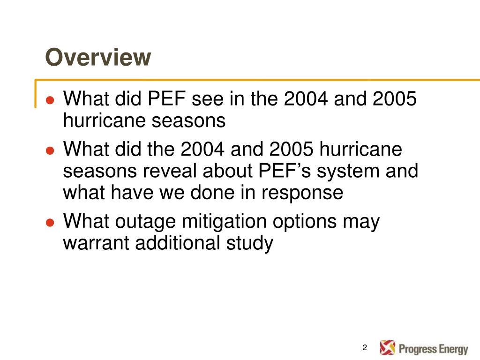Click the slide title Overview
point(98,57)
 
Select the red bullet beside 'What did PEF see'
point(50,100)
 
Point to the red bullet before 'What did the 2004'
point(50,150)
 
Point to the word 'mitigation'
point(224,222)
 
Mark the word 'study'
point(250,243)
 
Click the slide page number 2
point(365,347)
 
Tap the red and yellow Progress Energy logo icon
point(388,347)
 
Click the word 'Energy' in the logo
point(453,349)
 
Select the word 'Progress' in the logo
point(418,349)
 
